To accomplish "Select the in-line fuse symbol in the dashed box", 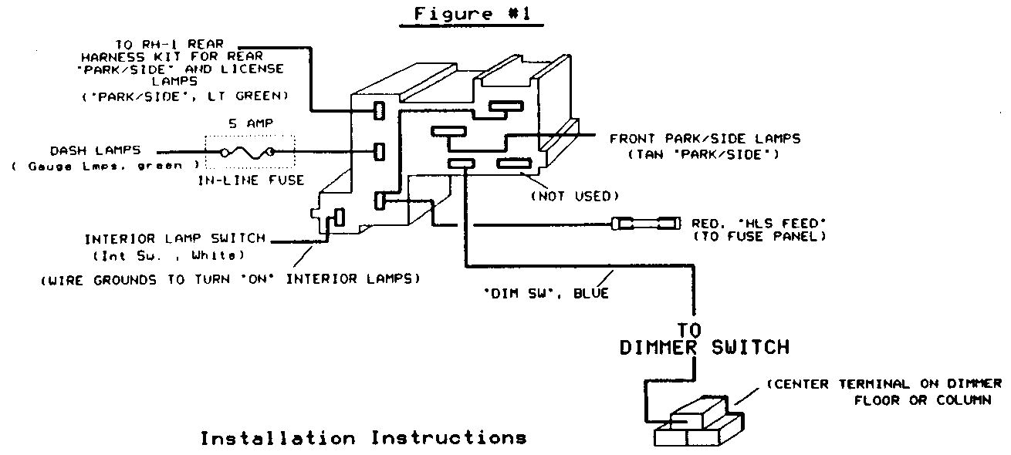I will coord(249,153).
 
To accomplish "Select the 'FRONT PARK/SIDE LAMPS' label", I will coord(705,139).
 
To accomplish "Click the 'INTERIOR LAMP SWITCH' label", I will coord(174,238).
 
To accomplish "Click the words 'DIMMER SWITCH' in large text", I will coord(705,347).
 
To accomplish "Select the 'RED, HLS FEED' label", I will coord(759,224).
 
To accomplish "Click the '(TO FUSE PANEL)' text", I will coord(759,237).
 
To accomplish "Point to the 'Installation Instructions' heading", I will coord(363,438).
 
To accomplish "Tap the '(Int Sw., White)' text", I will coord(175,255).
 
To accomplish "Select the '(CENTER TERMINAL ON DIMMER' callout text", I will coord(884,384).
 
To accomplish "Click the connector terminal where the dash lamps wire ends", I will coord(379,152).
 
